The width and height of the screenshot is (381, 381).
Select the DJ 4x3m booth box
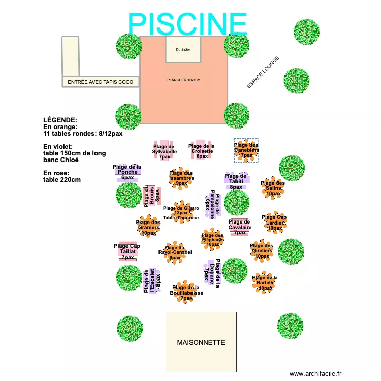click(x=183, y=49)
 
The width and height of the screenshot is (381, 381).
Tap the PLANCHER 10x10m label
click(x=183, y=80)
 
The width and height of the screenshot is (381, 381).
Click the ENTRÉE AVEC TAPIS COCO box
click(x=101, y=82)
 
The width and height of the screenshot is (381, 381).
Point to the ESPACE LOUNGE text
click(x=263, y=73)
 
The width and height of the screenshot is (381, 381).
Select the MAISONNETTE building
click(x=201, y=342)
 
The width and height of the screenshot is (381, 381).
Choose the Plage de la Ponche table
click(x=127, y=172)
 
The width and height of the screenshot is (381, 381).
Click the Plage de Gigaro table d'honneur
click(x=181, y=212)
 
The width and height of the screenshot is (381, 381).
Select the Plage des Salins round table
click(x=273, y=187)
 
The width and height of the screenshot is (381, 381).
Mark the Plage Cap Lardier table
click(x=275, y=223)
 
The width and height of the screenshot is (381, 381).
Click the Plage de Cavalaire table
click(x=239, y=227)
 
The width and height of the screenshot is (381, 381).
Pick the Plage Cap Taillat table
click(x=128, y=251)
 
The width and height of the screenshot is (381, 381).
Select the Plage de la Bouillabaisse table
click(x=186, y=293)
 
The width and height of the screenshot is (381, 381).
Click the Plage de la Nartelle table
click(x=265, y=282)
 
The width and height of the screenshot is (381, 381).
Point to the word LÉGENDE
click(x=60, y=120)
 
